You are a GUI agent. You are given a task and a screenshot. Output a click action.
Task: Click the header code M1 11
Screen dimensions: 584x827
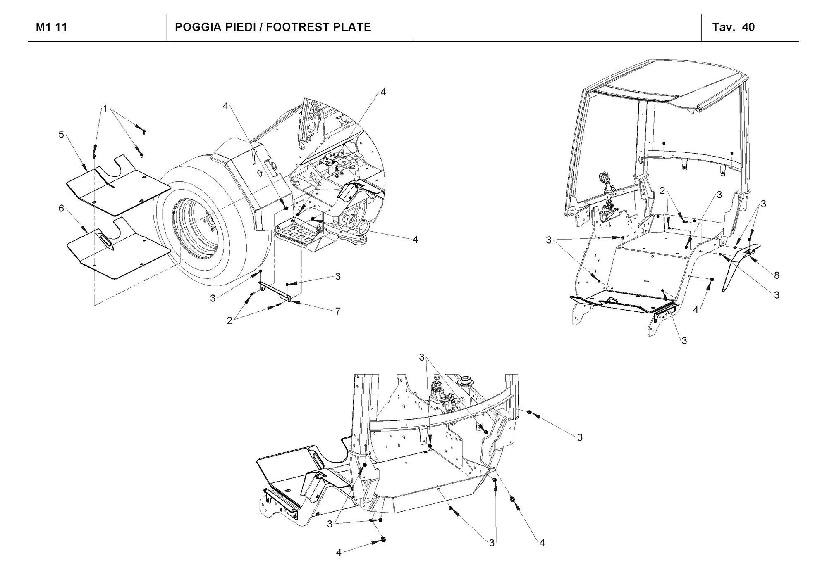[51, 27]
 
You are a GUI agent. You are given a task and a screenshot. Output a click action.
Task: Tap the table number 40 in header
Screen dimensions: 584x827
[748, 27]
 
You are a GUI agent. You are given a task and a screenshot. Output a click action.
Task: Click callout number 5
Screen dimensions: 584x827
[61, 135]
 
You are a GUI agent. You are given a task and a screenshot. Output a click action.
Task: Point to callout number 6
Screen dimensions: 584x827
[61, 209]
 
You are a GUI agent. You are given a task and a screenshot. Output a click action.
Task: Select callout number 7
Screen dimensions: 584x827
[338, 311]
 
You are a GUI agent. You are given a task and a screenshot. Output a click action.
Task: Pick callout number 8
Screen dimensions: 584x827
[776, 275]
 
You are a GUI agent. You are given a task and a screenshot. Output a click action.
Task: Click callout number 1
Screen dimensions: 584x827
[105, 109]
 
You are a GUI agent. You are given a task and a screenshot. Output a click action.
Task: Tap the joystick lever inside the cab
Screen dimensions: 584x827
[605, 182]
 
